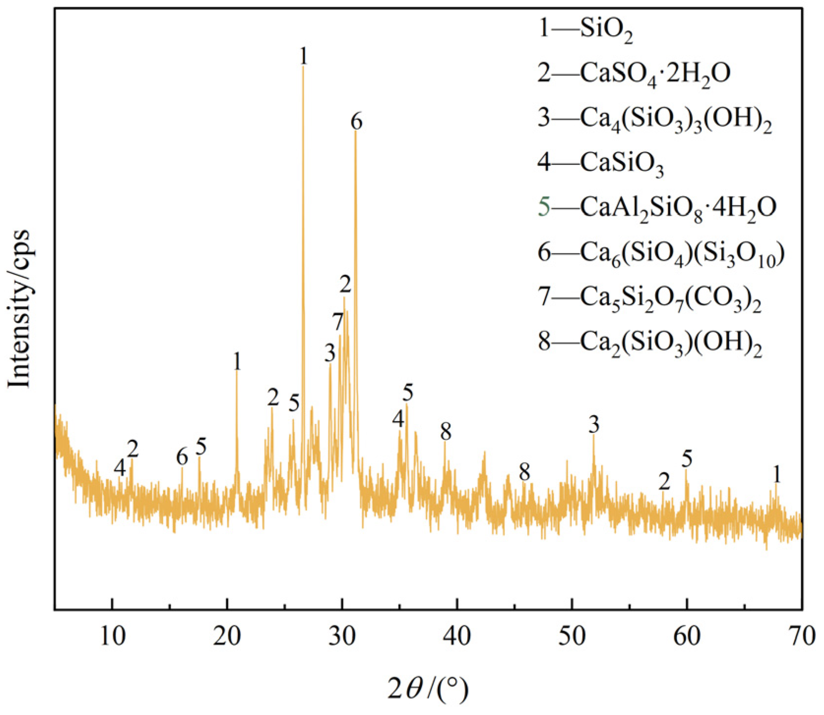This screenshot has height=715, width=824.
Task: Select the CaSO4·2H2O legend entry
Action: pyautogui.click(x=634, y=74)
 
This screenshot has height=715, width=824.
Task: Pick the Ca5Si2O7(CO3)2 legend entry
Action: pyautogui.click(x=650, y=298)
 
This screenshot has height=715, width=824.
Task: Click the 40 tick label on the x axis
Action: pyautogui.click(x=457, y=636)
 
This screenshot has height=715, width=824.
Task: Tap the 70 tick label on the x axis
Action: pyautogui.click(x=801, y=636)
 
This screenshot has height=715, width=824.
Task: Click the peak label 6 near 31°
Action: pyautogui.click(x=356, y=121)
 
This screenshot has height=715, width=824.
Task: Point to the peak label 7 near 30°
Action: pyautogui.click(x=337, y=323)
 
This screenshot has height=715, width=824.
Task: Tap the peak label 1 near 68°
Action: pyautogui.click(x=777, y=475)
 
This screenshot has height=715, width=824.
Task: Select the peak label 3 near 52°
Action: pyautogui.click(x=594, y=424)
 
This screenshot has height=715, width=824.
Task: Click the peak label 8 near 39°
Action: pyautogui.click(x=445, y=432)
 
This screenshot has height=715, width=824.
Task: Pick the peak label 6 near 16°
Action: pyautogui.click(x=182, y=457)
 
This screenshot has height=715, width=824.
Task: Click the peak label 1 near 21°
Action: pyautogui.click(x=237, y=362)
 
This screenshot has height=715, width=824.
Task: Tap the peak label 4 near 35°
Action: pyautogui.click(x=398, y=420)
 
